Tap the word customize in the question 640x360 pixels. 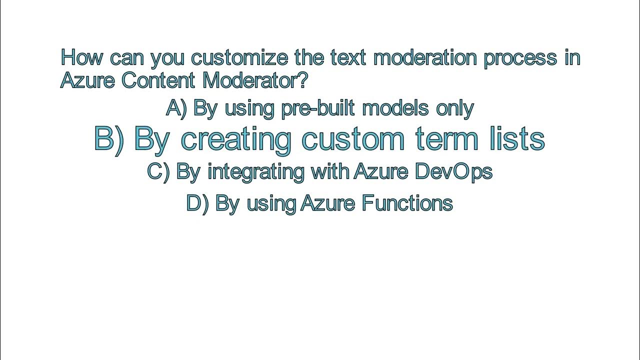tap(239, 57)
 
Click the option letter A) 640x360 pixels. tap(176, 108)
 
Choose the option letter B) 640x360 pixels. tap(109, 138)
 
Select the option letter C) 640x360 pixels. tap(158, 171)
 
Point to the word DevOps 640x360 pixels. tap(453, 172)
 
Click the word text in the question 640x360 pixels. tap(348, 57)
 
